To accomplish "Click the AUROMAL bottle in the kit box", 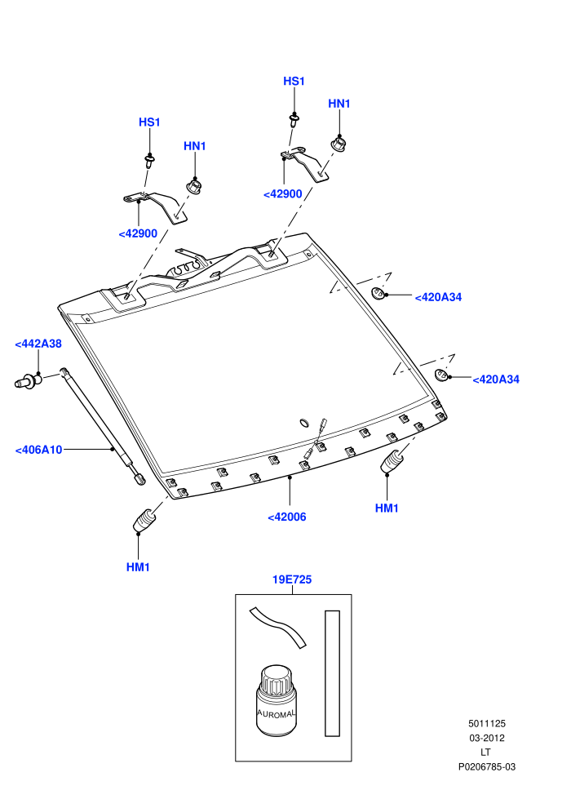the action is point(277,701).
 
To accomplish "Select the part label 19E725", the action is point(292,579).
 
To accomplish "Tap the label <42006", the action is point(287,517).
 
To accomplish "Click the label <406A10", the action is point(38,450).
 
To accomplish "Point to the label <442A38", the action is point(38,344).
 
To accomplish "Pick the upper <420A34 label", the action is point(438,297).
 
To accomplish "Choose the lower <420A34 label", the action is point(496,380).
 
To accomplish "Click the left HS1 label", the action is point(149,122).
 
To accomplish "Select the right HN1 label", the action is point(339,104).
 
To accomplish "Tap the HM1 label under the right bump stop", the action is point(387,508).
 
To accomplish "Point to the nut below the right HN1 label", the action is point(339,144).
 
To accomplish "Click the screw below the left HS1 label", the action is point(150,162).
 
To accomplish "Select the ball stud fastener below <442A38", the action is point(28,380).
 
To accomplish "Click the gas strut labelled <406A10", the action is point(103,426).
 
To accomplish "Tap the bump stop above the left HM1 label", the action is point(144,520).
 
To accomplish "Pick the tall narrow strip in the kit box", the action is point(332,673).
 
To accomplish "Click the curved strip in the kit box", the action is point(277,626).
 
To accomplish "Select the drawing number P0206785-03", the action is point(486,766).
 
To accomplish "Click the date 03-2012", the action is point(486,738).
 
